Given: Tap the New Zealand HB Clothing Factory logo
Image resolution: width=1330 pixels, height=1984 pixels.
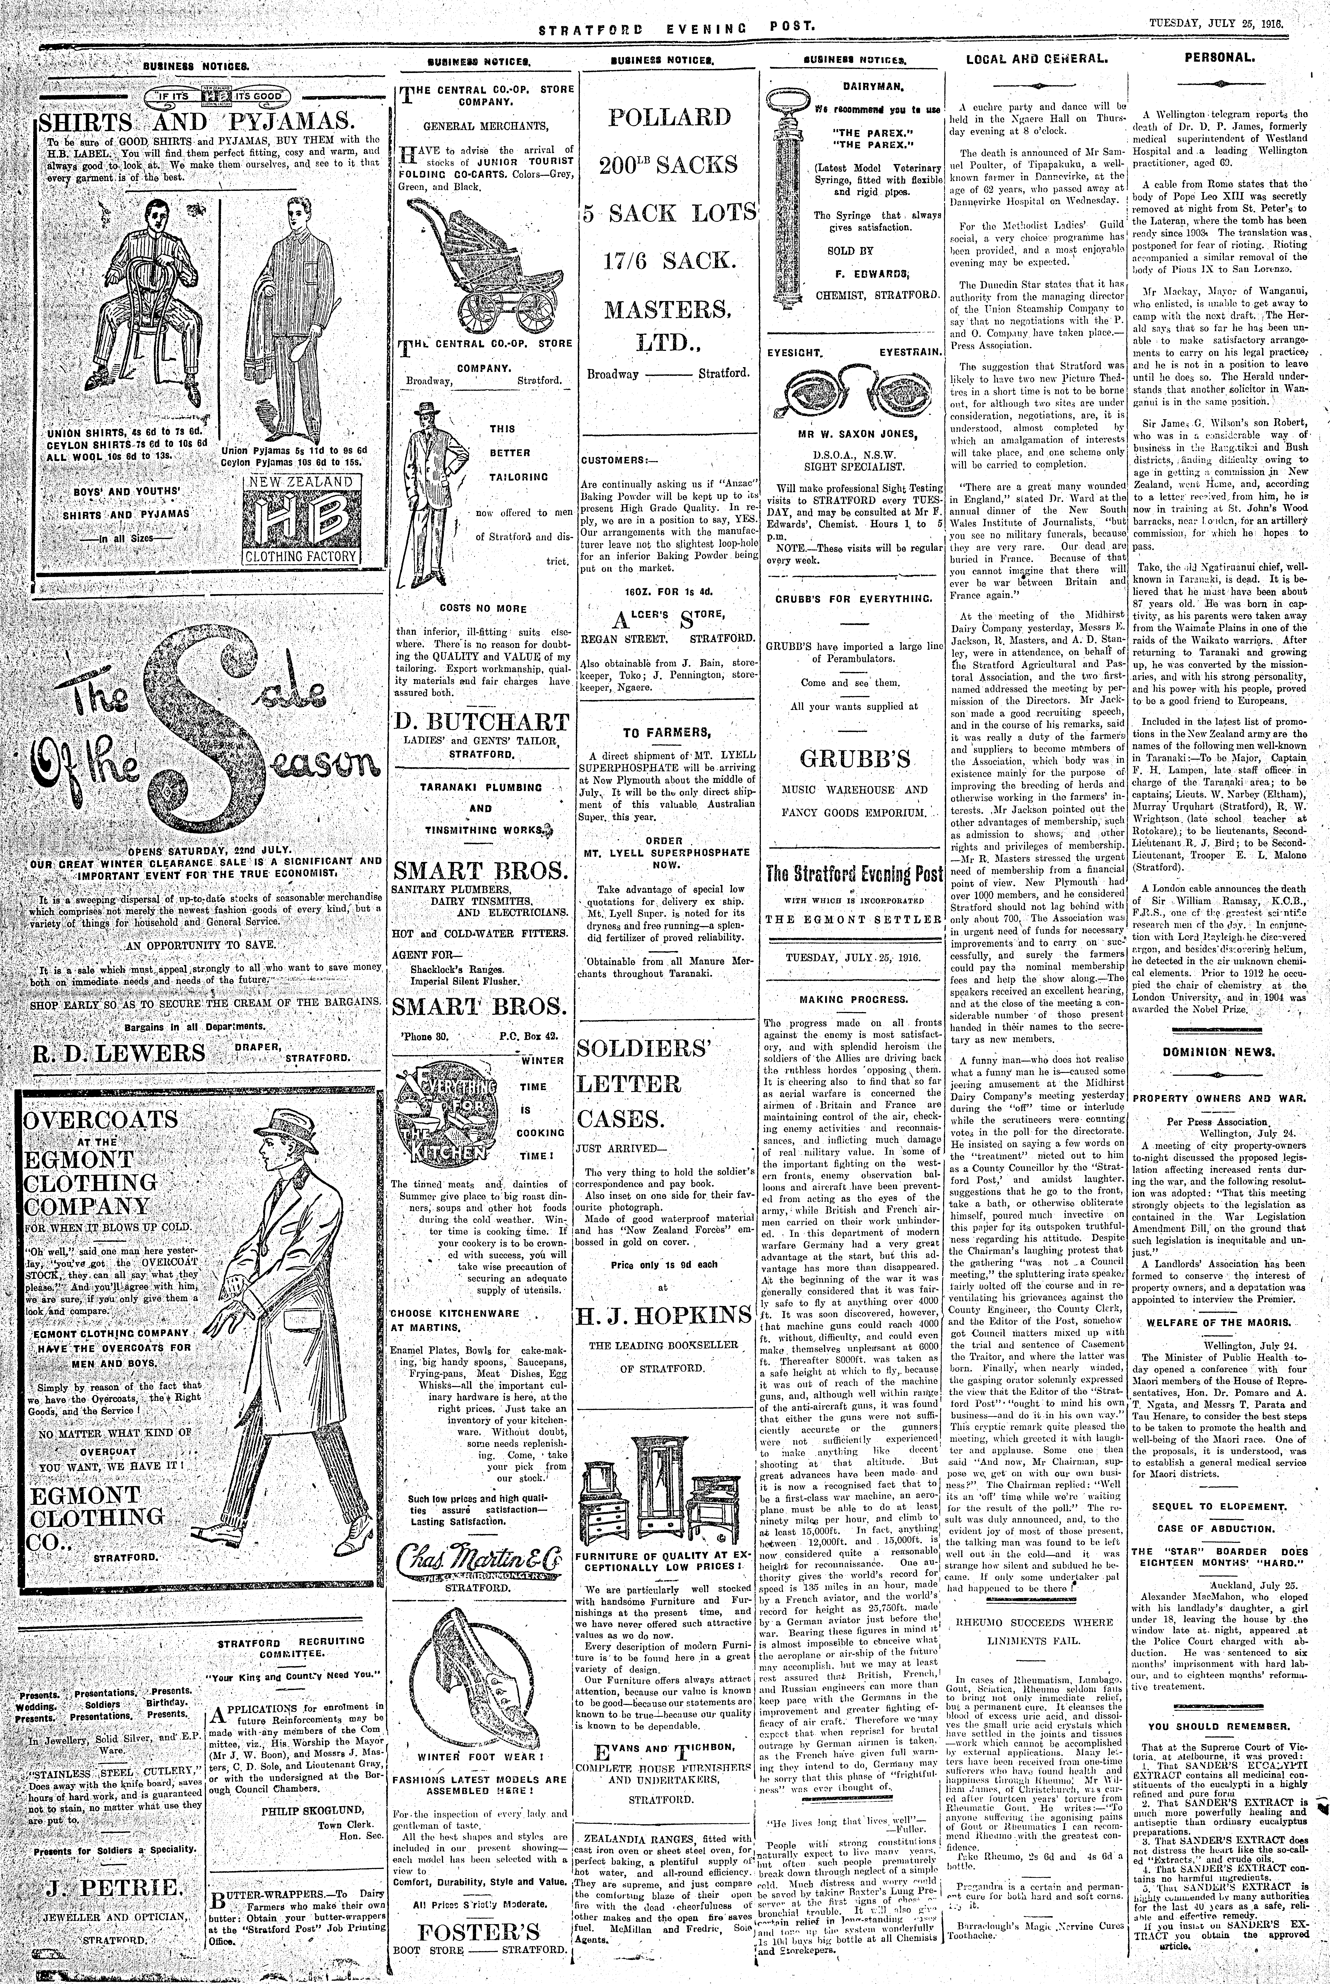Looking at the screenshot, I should pyautogui.click(x=301, y=519).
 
